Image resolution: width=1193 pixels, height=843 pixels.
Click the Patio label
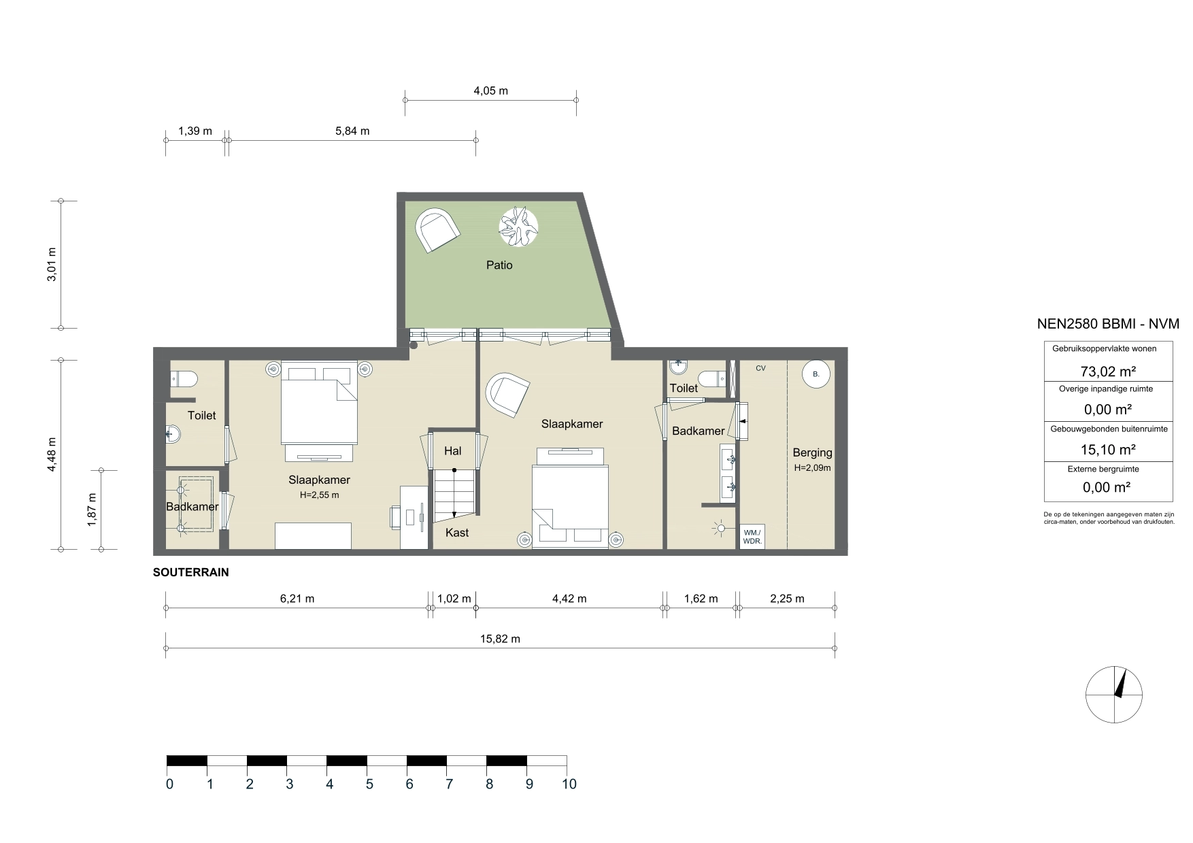(499, 265)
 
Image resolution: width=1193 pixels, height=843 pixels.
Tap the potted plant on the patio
(518, 226)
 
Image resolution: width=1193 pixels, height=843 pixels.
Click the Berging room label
(812, 452)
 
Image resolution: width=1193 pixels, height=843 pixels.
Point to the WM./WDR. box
(753, 537)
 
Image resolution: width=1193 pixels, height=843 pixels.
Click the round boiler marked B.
(816, 374)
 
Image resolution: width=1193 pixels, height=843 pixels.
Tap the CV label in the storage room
(760, 368)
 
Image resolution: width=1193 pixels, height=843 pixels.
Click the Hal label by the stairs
(452, 451)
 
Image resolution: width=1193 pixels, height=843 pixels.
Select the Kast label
(457, 533)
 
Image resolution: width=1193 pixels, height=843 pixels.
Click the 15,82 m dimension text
(500, 639)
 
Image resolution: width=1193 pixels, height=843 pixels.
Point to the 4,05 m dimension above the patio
(490, 90)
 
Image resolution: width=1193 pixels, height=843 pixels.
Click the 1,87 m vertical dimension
(93, 508)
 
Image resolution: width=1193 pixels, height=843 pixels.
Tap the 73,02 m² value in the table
(1108, 371)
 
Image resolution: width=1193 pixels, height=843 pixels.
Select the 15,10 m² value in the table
(1108, 450)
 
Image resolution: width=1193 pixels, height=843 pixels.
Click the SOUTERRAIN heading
(191, 573)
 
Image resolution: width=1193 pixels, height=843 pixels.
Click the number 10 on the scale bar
(569, 784)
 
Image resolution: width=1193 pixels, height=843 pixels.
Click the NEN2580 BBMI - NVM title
(1108, 325)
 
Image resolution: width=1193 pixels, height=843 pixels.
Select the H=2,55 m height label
(319, 495)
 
